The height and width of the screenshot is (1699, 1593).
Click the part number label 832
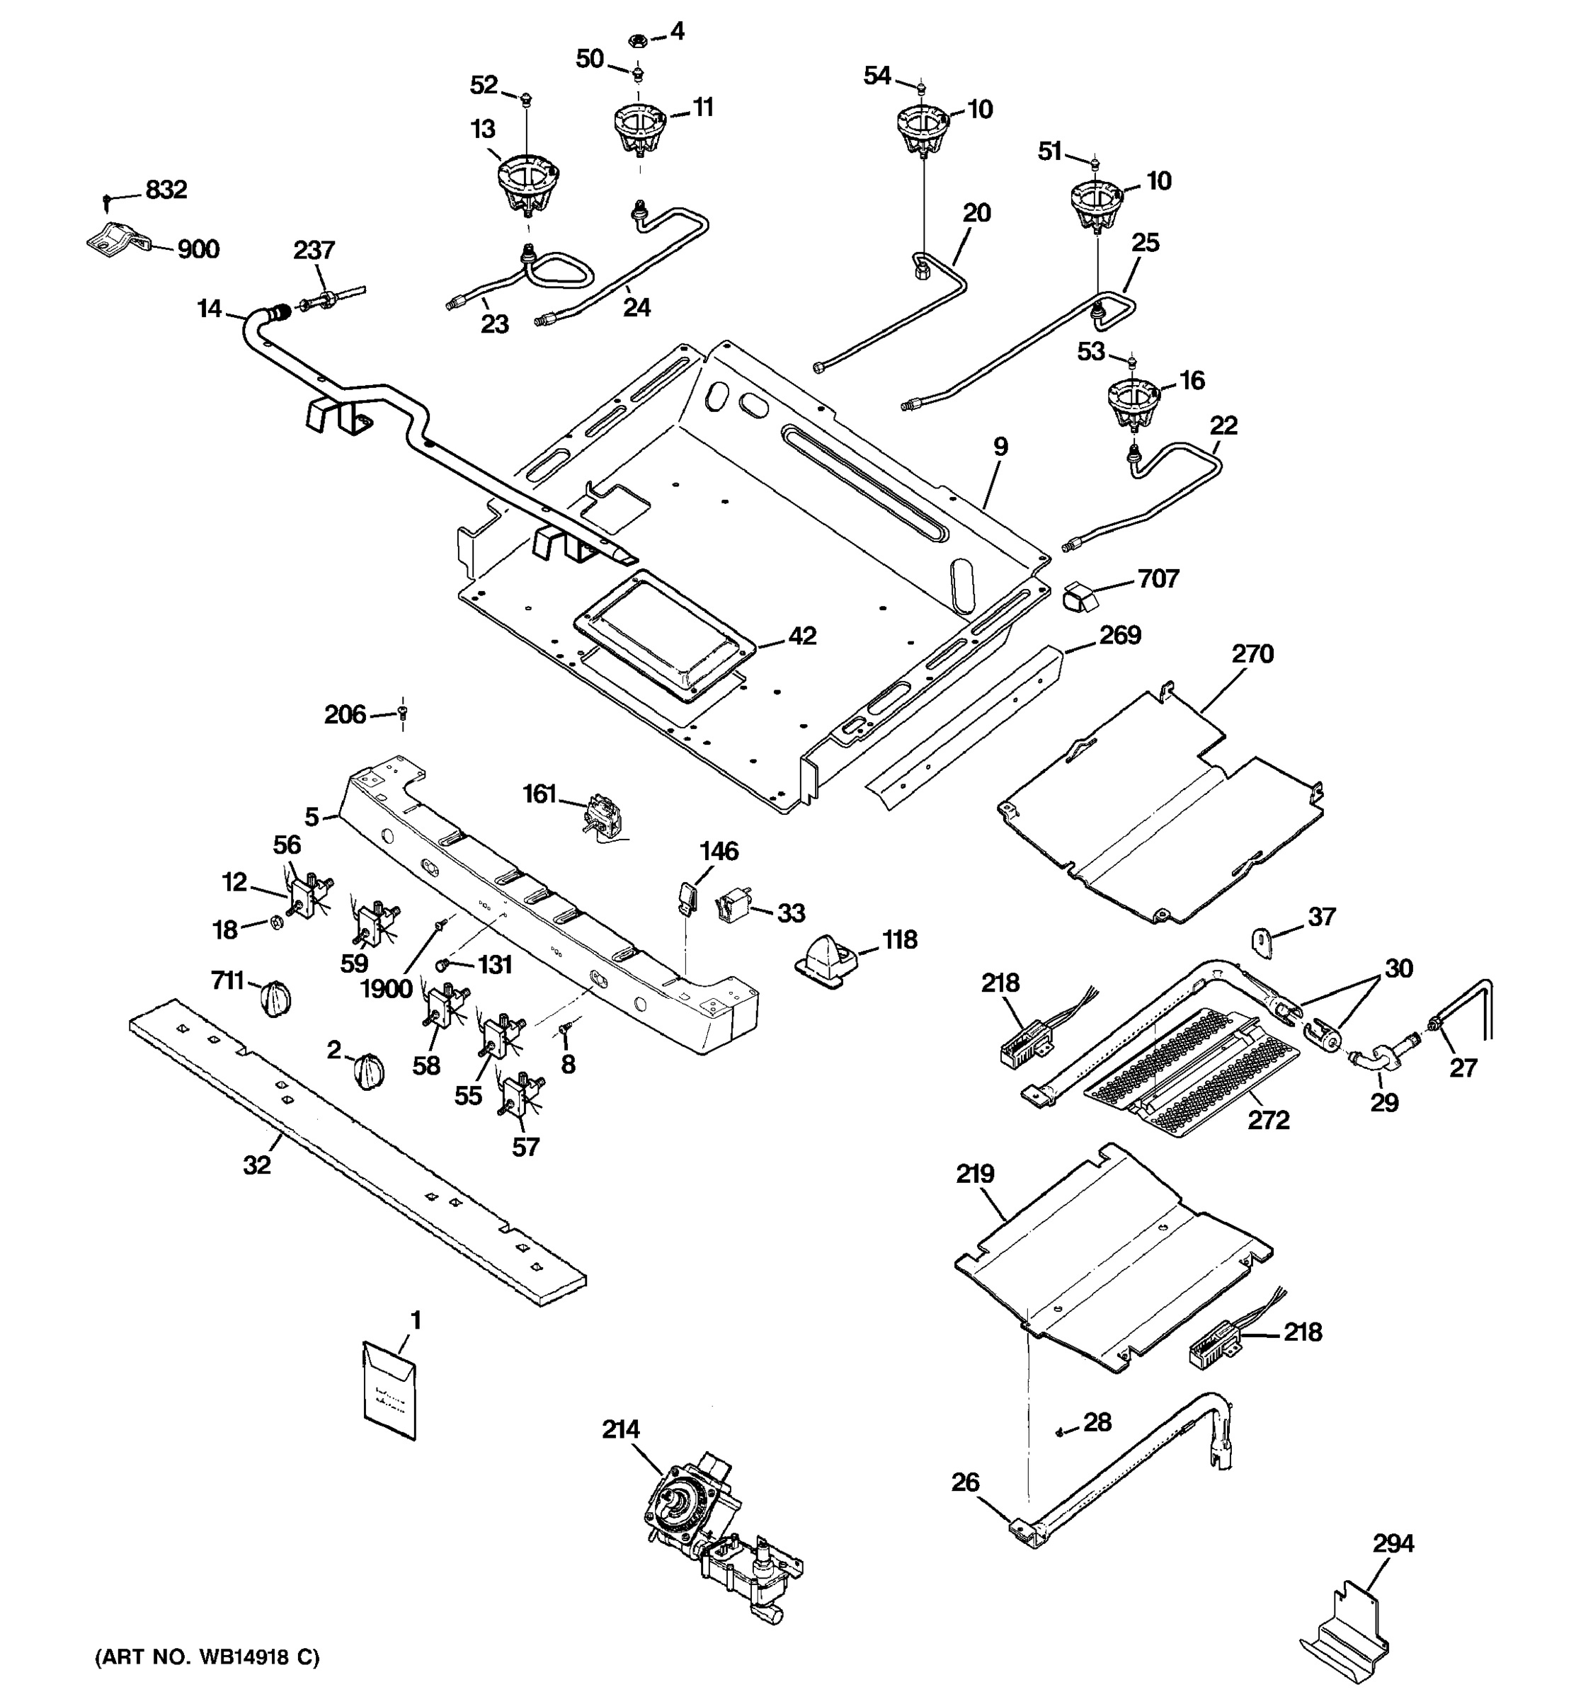click(x=166, y=190)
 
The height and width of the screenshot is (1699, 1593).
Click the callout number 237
click(x=314, y=251)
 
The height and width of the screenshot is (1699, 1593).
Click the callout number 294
click(x=1393, y=1543)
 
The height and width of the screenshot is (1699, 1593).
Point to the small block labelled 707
click(x=1080, y=595)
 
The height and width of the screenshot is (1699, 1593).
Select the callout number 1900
click(x=387, y=989)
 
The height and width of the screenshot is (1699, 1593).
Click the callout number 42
click(x=801, y=636)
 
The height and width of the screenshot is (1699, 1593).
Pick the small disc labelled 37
click(x=1263, y=939)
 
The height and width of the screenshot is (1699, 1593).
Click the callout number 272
click(x=1268, y=1119)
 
